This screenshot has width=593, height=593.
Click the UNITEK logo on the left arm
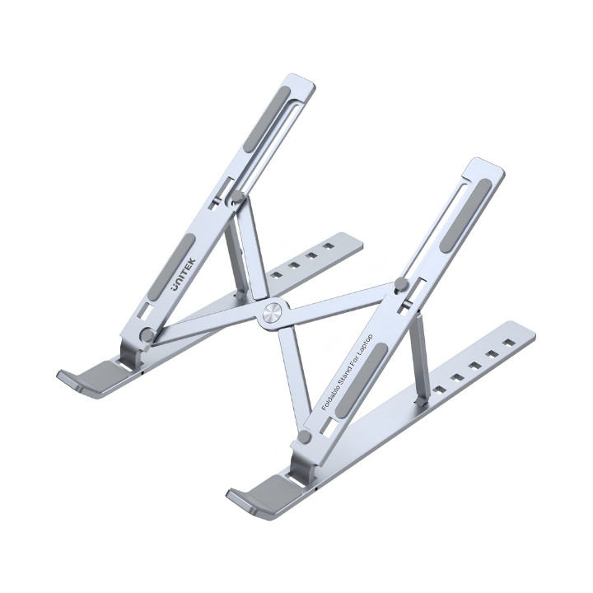184,274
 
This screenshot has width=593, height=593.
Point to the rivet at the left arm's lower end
147,334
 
